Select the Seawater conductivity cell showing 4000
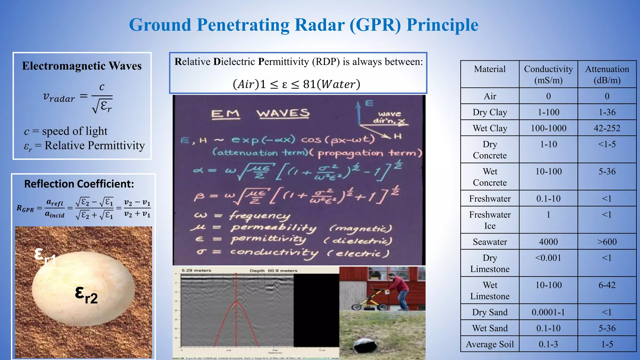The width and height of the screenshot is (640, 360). (x=548, y=242)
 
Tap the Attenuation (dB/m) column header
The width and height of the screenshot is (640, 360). (x=607, y=74)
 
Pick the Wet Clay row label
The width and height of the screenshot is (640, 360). (x=490, y=128)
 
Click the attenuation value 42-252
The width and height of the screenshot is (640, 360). (x=607, y=128)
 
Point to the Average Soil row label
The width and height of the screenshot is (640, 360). (x=490, y=344)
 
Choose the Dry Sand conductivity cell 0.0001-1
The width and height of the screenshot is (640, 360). (x=548, y=312)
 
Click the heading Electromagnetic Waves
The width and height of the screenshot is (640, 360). (x=82, y=66)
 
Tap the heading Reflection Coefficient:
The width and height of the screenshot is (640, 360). (x=79, y=184)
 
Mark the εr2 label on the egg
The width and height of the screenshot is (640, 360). (x=86, y=295)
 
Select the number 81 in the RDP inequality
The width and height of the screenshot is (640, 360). (x=309, y=84)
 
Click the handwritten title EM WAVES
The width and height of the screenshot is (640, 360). (x=260, y=114)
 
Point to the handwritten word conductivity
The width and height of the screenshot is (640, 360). (x=274, y=252)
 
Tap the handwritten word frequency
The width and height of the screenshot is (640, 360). (x=259, y=216)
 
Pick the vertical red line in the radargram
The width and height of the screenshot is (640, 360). (x=236, y=309)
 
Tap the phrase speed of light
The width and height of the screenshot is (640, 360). (x=75, y=131)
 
